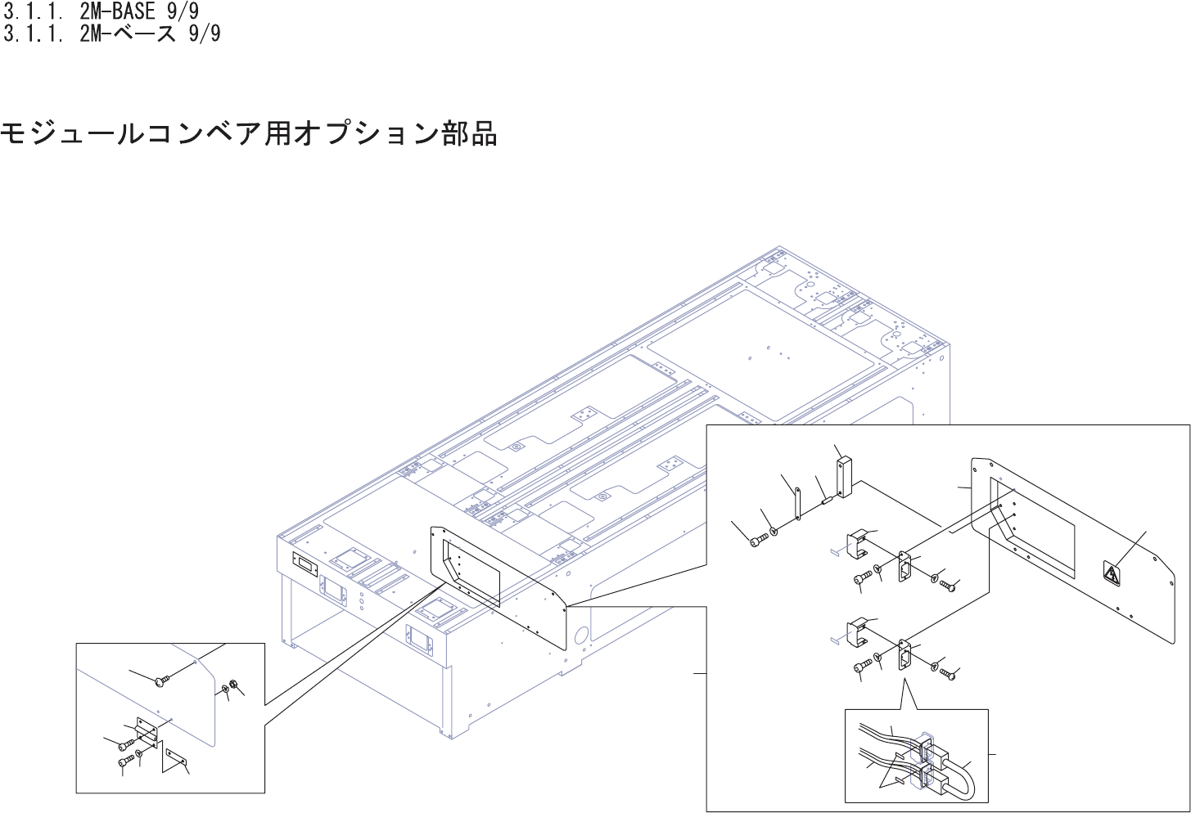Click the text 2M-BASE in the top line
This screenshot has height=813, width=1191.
pyautogui.click(x=116, y=11)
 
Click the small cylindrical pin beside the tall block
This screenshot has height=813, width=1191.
pyautogui.click(x=825, y=496)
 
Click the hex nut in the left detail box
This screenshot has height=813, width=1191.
pyautogui.click(x=234, y=685)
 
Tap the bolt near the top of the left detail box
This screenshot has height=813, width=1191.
pyautogui.click(x=160, y=680)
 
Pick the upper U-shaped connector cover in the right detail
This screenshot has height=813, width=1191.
pyautogui.click(x=858, y=543)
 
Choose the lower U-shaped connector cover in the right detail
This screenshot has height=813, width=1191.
pyautogui.click(x=858, y=629)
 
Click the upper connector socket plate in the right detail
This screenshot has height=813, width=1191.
pyautogui.click(x=905, y=565)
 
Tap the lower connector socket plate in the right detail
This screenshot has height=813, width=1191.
pyautogui.click(x=905, y=654)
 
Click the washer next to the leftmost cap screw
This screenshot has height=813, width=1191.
pyautogui.click(x=773, y=532)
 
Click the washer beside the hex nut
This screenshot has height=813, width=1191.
pyautogui.click(x=224, y=689)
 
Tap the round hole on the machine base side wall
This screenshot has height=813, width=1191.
pyautogui.click(x=582, y=634)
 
